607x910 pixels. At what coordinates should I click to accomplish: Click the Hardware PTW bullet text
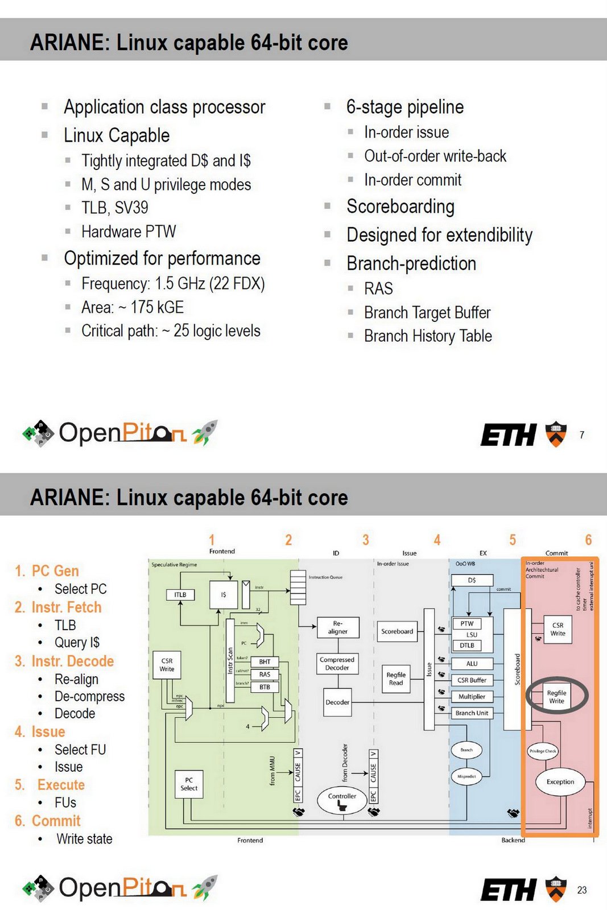pos(129,231)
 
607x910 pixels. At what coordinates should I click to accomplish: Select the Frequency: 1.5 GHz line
pos(173,283)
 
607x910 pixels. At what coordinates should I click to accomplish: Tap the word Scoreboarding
pos(400,206)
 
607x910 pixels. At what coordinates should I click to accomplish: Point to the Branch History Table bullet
pos(428,336)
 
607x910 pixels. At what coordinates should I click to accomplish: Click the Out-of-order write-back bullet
pos(435,156)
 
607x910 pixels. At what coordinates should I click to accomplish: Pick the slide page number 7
pos(581,435)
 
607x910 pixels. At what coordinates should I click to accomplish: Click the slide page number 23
pos(581,890)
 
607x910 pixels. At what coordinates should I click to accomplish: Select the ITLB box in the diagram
pos(180,594)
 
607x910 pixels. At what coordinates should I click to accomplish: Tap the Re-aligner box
pos(338,627)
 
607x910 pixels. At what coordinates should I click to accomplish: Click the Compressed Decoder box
pos(337,664)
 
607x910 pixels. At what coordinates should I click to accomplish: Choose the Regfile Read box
pos(396,679)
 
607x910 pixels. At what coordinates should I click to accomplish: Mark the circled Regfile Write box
pos(556,697)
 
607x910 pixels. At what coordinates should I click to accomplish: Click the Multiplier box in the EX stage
pos(472,697)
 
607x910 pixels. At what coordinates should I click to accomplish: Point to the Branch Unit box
pos(472,713)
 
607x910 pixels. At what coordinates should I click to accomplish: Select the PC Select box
pos(189,784)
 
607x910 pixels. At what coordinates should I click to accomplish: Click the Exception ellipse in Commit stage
pos(560,782)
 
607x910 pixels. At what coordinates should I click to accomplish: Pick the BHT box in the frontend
pos(265,662)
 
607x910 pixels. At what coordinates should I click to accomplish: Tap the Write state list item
pos(84,839)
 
